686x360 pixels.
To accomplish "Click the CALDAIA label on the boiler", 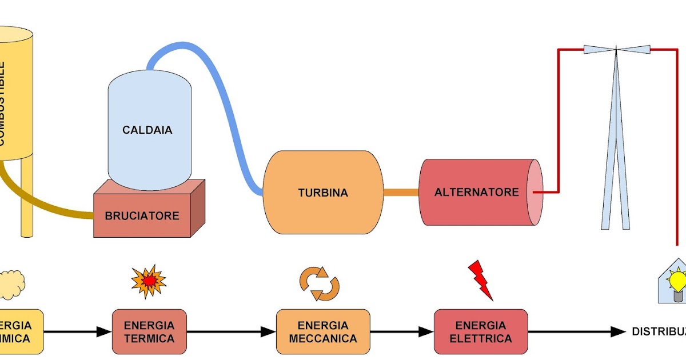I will (147, 130).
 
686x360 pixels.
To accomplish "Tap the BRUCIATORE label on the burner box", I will (142, 216).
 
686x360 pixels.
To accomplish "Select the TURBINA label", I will (322, 193).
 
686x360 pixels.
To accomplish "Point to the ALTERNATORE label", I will (476, 192).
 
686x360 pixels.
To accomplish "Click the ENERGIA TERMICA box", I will (149, 332).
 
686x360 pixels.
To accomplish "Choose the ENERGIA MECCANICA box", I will (323, 332).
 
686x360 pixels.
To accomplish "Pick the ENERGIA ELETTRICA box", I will (481, 332).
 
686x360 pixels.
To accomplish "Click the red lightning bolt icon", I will (480, 280).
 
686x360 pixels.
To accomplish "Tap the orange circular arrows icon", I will (320, 283).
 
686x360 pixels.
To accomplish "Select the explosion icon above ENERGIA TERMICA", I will (149, 281).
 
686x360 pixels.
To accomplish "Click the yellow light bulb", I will (678, 282).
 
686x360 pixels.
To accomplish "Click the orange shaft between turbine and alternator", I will (401, 193).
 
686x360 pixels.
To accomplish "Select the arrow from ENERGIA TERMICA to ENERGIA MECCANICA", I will (232, 332).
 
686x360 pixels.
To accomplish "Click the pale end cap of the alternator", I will (534, 192).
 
